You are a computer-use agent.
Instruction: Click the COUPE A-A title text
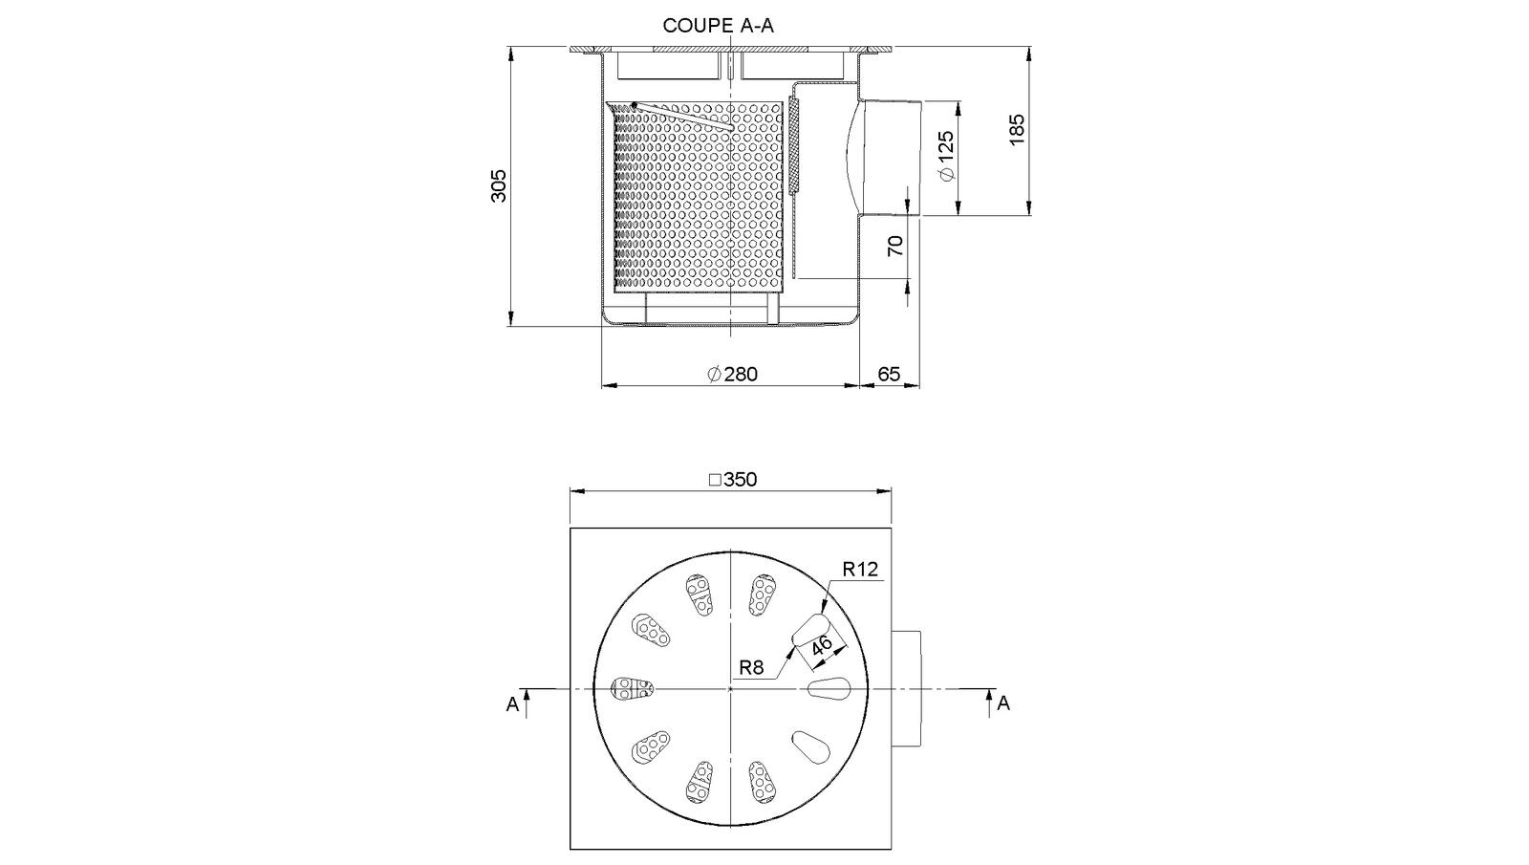pyautogui.click(x=718, y=26)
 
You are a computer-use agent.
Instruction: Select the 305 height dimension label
pyautogui.click(x=499, y=185)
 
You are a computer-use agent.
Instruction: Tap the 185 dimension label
pyautogui.click(x=1017, y=129)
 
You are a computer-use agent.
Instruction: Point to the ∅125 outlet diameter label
pyautogui.click(x=946, y=156)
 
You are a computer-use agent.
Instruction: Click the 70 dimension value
pyautogui.click(x=895, y=246)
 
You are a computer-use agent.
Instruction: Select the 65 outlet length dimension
pyautogui.click(x=889, y=374)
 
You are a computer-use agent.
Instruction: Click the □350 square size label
pyautogui.click(x=732, y=480)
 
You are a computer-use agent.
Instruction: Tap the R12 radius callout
pyautogui.click(x=860, y=570)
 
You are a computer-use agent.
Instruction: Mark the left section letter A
pyautogui.click(x=512, y=704)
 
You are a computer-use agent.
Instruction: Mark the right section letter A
pyautogui.click(x=1003, y=703)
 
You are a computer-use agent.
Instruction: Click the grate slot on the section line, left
pyautogui.click(x=632, y=687)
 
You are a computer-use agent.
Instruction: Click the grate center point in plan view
pyautogui.click(x=731, y=688)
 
